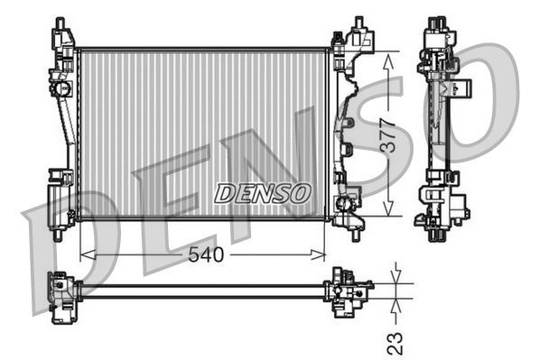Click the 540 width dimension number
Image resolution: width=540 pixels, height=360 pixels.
point(206,255)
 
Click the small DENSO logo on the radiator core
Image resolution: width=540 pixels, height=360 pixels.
point(263,193)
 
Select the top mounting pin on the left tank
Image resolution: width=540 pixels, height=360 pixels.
point(60,23)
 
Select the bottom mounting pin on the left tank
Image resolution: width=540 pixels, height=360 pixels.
point(59,234)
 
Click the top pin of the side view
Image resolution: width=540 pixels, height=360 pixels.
point(438,22)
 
